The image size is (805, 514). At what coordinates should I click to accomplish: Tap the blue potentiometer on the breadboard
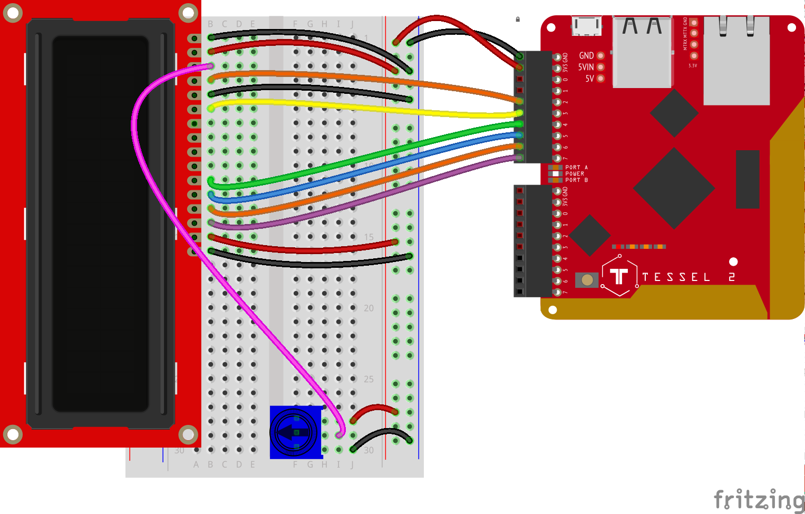click(x=295, y=432)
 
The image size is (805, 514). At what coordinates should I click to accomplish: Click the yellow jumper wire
click(x=369, y=108)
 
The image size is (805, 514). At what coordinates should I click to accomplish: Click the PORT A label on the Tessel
click(x=576, y=167)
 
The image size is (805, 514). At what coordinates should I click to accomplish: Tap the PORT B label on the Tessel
click(x=576, y=180)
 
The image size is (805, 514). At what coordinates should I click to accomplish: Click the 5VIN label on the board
click(x=586, y=67)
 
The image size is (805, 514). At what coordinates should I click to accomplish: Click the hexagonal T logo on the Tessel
click(x=619, y=276)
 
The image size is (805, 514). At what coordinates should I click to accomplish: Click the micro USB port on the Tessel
click(x=586, y=25)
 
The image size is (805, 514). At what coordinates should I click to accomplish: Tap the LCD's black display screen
click(x=100, y=224)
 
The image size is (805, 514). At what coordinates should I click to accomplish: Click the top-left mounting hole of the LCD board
click(x=13, y=13)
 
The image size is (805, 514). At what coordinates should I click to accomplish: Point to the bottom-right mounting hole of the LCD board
click(x=188, y=435)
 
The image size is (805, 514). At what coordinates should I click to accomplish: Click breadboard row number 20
click(x=368, y=308)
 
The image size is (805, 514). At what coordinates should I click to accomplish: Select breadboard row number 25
click(x=368, y=379)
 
